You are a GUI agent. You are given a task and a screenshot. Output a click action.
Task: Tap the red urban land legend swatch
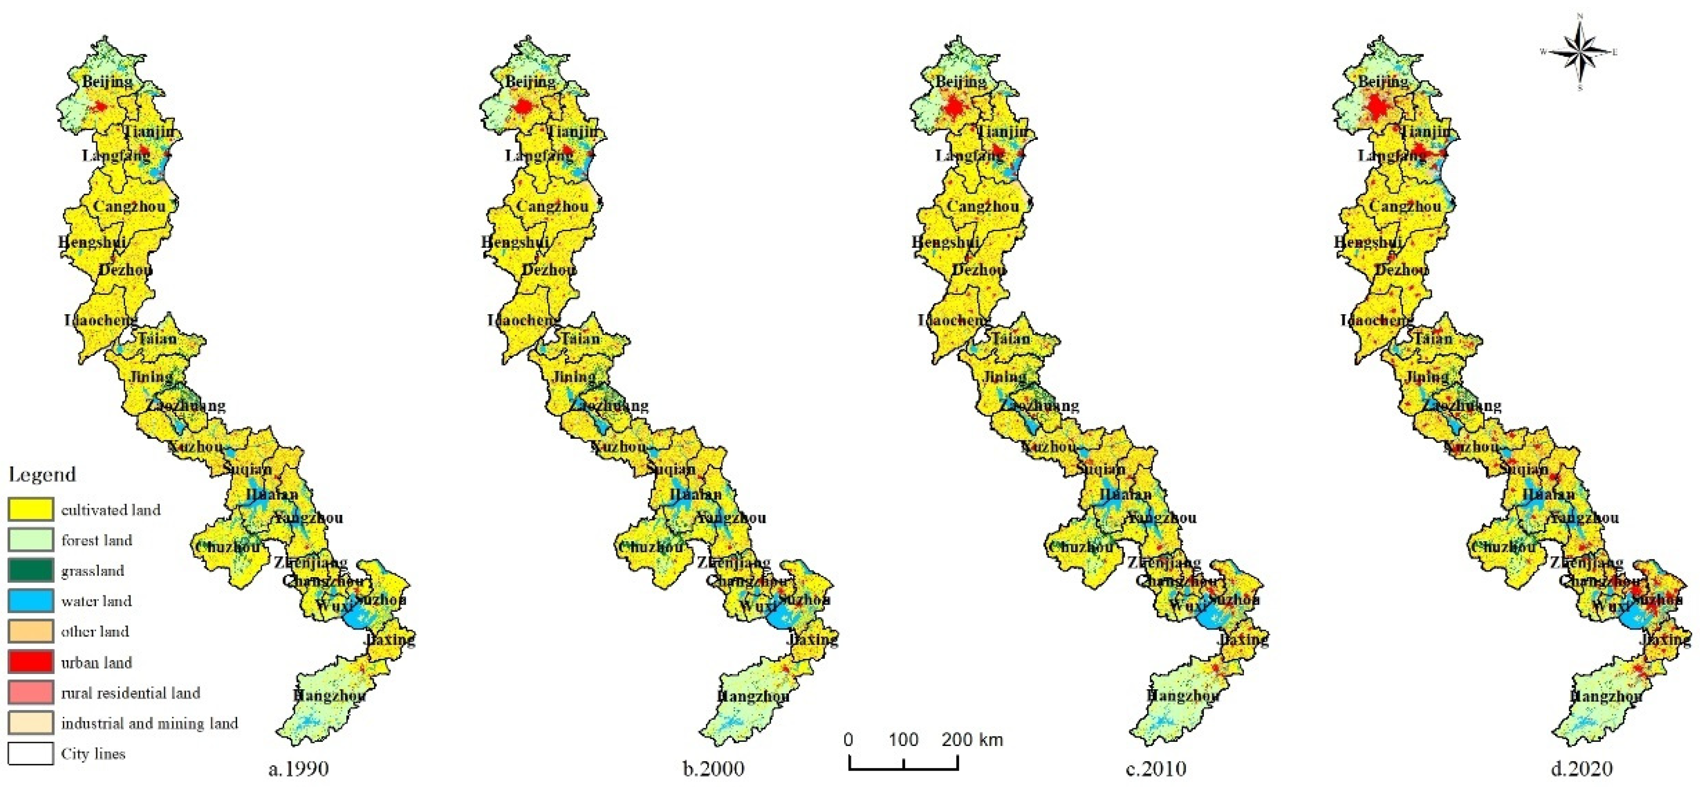(x=30, y=661)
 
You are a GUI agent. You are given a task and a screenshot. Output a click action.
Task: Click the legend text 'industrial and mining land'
(x=149, y=723)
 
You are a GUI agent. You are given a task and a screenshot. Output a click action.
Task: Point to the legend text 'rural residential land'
(x=130, y=693)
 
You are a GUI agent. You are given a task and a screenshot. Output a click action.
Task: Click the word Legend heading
(x=42, y=474)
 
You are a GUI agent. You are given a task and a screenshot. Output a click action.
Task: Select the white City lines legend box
(x=30, y=754)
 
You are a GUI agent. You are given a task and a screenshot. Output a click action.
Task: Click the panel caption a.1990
(x=298, y=769)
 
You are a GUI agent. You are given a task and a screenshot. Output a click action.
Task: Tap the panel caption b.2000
(x=713, y=769)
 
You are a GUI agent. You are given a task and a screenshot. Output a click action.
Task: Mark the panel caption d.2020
(x=1582, y=769)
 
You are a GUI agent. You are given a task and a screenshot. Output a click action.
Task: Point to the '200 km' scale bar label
(x=972, y=739)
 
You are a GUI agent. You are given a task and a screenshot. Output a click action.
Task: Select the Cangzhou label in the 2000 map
(x=552, y=206)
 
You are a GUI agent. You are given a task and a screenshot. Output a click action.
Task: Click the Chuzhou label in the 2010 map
(x=1081, y=547)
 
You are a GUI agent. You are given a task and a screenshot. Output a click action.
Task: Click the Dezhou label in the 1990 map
(x=125, y=270)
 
